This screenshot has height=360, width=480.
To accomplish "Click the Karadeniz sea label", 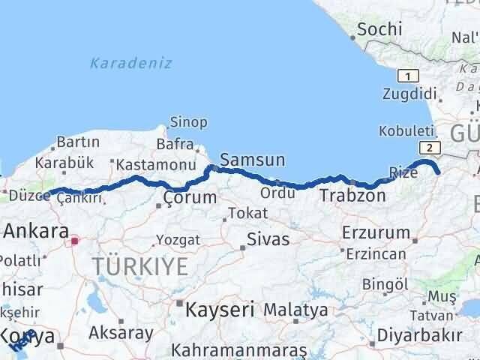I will pyautogui.click(x=131, y=63).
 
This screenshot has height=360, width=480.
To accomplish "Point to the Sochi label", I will pyautogui.click(x=379, y=30).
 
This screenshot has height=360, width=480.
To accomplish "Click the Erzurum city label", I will pyautogui.click(x=375, y=232).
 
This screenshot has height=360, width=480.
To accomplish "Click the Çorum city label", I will pyautogui.click(x=190, y=199).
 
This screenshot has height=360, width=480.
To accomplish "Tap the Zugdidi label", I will pyautogui.click(x=408, y=94).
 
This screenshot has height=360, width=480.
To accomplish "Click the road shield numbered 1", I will pyautogui.click(x=408, y=76).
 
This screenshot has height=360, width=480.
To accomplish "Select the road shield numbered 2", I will pyautogui.click(x=429, y=147).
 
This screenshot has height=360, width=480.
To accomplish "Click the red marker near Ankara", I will pyautogui.click(x=74, y=241).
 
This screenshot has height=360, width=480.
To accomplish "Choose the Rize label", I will pyautogui.click(x=404, y=172).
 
